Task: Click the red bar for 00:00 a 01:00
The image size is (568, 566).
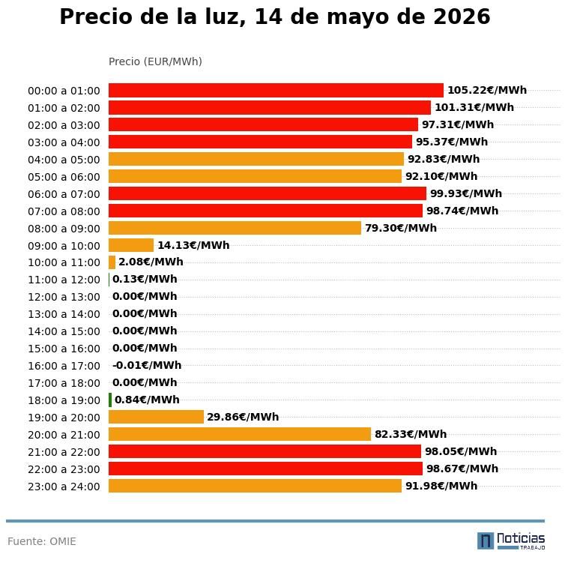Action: [x=276, y=90]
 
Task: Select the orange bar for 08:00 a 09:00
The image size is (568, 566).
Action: [x=235, y=229]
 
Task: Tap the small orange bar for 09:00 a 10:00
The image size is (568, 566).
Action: [x=131, y=245]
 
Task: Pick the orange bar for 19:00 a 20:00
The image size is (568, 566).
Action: [x=156, y=417]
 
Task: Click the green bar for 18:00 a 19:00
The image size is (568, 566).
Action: [x=110, y=400]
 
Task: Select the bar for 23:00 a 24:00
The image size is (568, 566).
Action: [x=255, y=486]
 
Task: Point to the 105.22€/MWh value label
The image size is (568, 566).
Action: [x=487, y=90]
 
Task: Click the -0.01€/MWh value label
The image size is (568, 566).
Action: [x=147, y=365]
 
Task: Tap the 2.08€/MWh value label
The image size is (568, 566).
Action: [x=151, y=262]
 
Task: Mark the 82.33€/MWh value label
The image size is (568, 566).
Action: [x=411, y=434]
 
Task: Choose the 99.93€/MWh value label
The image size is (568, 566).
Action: [x=466, y=193]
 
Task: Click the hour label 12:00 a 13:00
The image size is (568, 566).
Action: [x=64, y=297]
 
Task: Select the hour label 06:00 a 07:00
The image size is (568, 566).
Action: [x=64, y=194]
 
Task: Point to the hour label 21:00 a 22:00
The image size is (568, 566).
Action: [x=64, y=452]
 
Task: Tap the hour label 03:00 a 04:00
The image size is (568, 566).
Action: [x=64, y=142]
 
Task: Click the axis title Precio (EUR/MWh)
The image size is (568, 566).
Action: [x=155, y=61]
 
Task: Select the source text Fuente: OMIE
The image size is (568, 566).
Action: [x=42, y=541]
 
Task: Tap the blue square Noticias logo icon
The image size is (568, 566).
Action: [x=486, y=541]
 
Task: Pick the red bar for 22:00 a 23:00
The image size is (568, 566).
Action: [x=265, y=469]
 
